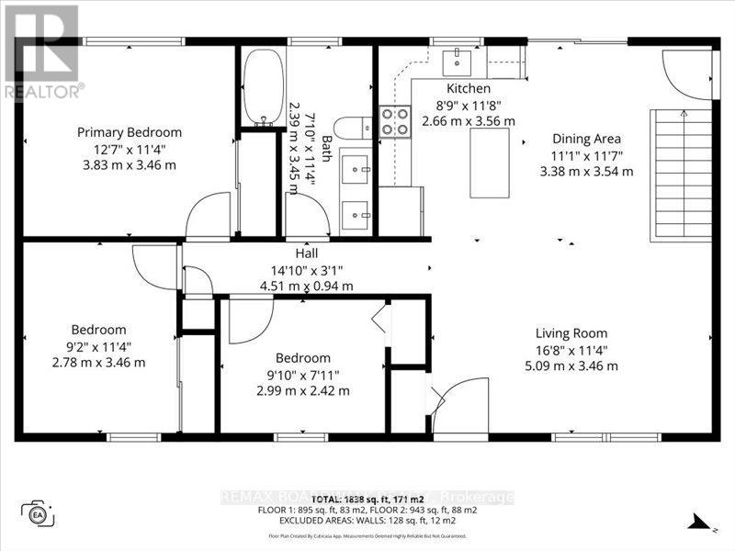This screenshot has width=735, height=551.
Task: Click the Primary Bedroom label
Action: [129, 132]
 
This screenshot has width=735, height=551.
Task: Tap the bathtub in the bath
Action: [263, 87]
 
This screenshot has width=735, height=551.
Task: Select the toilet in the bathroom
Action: [350, 128]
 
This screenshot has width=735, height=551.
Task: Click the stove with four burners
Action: [394, 122]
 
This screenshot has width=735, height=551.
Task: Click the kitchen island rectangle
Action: [489, 163]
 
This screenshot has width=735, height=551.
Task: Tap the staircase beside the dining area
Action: [680, 174]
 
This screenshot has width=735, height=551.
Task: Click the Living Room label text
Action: [571, 333]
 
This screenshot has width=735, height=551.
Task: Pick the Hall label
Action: [306, 253]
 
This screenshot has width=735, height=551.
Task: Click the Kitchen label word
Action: [468, 88]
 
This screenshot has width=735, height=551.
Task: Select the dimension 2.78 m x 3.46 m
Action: [99, 363]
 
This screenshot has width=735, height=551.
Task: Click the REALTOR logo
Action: [41, 51]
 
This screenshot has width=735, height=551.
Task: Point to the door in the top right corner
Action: [685, 73]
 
